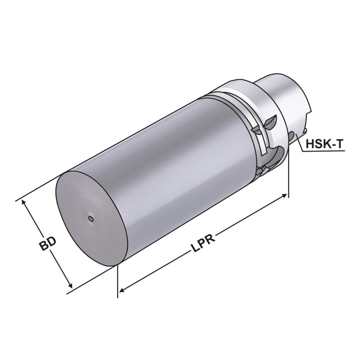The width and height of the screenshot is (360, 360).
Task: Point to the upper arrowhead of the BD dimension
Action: tap(24, 203)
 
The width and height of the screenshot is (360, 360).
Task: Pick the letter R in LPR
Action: tap(210, 237)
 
